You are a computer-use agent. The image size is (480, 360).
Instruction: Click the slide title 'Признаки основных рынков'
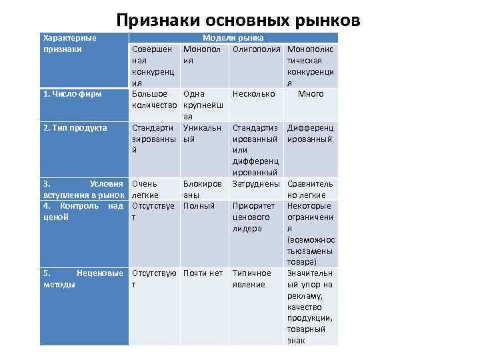coord(238,20)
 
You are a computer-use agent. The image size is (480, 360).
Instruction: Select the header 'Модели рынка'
coord(233,39)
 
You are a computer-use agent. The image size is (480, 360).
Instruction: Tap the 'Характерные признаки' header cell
coord(69,44)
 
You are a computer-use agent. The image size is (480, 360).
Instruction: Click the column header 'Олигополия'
coord(257,50)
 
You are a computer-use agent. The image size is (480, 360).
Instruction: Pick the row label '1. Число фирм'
coord(72,94)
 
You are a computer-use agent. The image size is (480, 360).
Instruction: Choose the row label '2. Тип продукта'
coord(75,127)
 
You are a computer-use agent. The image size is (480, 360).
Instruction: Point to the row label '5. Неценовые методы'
coord(83,279)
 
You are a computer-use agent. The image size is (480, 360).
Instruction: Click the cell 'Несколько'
coord(253,94)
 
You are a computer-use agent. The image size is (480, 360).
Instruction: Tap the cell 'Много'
coord(311,94)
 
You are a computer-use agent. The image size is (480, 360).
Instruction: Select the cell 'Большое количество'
coord(154,99)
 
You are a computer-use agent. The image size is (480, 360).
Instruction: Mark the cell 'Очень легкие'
coord(145,189)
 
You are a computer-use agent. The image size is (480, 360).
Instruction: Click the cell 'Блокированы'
coord(203,189)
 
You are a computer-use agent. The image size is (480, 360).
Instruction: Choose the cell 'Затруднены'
coord(257,183)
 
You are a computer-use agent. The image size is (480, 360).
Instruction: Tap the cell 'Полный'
coord(199,206)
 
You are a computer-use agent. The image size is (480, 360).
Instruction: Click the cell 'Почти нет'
coord(203,273)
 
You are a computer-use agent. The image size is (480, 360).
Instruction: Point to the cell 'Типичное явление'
coord(251,279)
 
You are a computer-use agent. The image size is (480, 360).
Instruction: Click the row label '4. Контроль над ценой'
coord(83,211)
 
